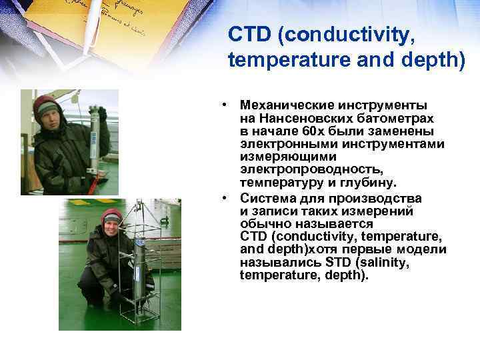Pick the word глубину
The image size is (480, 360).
370,182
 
